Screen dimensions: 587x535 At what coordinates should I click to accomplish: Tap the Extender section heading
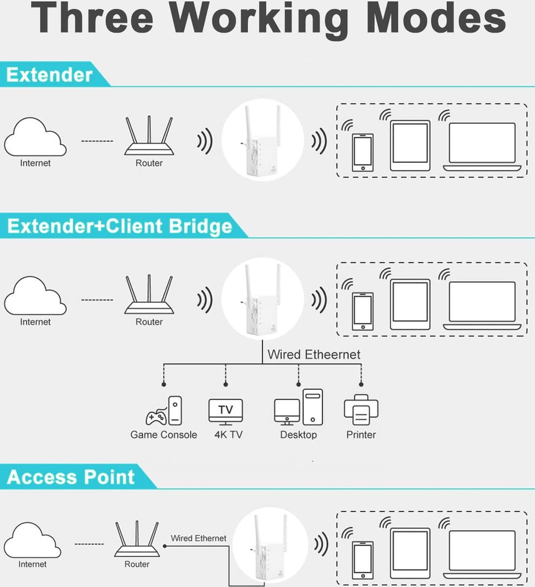pyautogui.click(x=49, y=75)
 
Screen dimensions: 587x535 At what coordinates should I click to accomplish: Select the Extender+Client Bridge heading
pyautogui.click(x=120, y=226)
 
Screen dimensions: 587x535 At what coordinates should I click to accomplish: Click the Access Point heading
pyautogui.click(x=71, y=477)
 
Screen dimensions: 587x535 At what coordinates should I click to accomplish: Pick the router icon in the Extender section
pyautogui.click(x=149, y=136)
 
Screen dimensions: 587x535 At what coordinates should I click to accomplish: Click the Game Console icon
pyautogui.click(x=164, y=411)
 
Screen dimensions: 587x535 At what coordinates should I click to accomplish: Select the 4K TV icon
pyautogui.click(x=226, y=411)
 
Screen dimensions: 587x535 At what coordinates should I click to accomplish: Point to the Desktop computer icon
pyautogui.click(x=299, y=407)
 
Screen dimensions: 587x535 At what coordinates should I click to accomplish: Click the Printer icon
pyautogui.click(x=361, y=410)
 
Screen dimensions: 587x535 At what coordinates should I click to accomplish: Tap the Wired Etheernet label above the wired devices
pyautogui.click(x=314, y=355)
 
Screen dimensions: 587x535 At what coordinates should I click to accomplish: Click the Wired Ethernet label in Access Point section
pyautogui.click(x=198, y=538)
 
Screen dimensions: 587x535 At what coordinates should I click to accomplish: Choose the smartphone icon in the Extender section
pyautogui.click(x=363, y=152)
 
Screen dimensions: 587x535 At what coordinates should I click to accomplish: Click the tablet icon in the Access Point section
pyautogui.click(x=410, y=551)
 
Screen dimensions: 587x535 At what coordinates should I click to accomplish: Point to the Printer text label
pyautogui.click(x=361, y=434)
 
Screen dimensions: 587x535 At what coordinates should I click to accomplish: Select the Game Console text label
pyautogui.click(x=164, y=434)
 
